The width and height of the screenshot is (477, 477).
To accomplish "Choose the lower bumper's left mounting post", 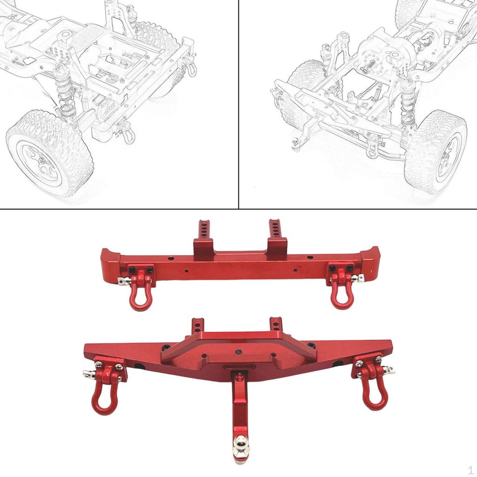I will click(198, 326).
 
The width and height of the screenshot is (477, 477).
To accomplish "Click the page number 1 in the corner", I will click(470, 469).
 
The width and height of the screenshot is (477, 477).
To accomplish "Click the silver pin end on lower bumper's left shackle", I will click(87, 374).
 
